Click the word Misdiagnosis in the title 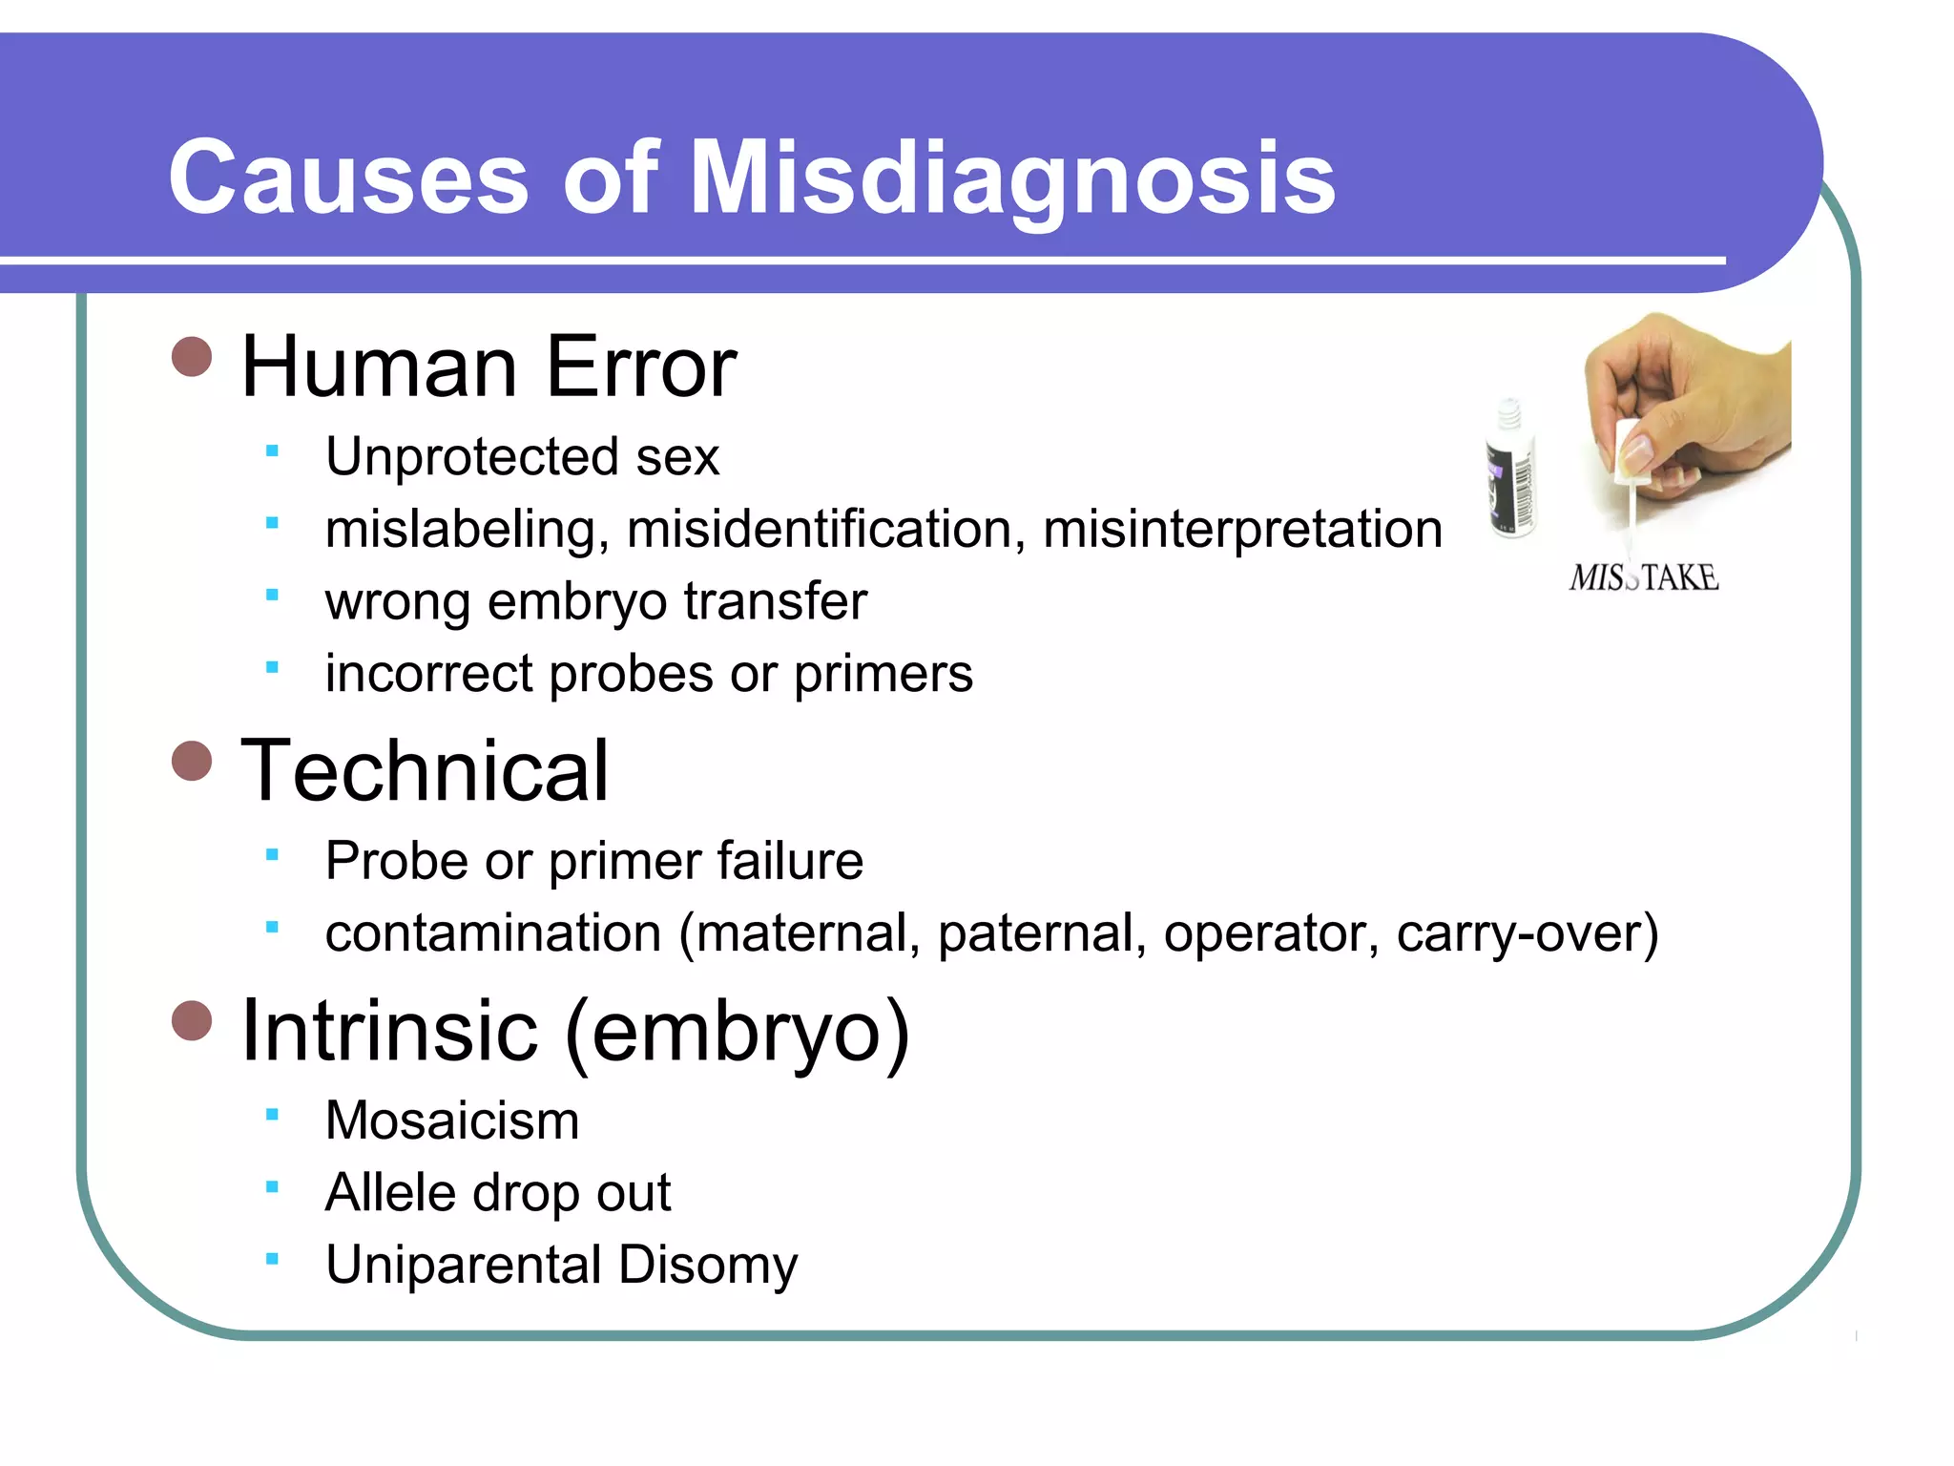pyautogui.click(x=1011, y=178)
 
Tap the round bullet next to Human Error pyautogui.click(x=192, y=358)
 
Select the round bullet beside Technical pyautogui.click(x=192, y=762)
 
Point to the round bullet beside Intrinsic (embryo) pyautogui.click(x=192, y=1020)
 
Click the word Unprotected pyautogui.click(x=471, y=456)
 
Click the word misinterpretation pyautogui.click(x=1242, y=529)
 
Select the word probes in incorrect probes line pyautogui.click(x=631, y=674)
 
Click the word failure pyautogui.click(x=790, y=860)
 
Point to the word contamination pyautogui.click(x=492, y=932)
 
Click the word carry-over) pyautogui.click(x=1528, y=932)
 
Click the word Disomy pyautogui.click(x=707, y=1265)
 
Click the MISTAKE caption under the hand pyautogui.click(x=1643, y=577)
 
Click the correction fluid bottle pyautogui.click(x=1510, y=470)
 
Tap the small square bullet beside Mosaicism pyautogui.click(x=272, y=1114)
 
